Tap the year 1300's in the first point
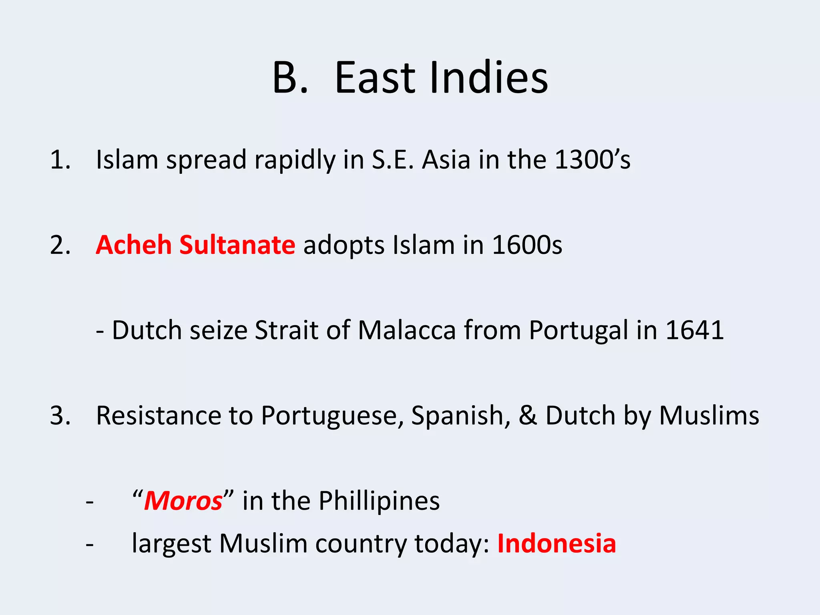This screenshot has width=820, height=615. point(593,160)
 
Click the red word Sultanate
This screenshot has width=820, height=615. point(237,245)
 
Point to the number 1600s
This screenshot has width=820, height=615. point(527,245)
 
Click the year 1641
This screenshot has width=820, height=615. point(694,330)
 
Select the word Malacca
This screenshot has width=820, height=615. point(406,330)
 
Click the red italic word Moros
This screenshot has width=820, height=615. point(183,501)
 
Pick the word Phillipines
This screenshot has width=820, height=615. point(379,501)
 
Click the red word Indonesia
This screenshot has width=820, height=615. point(556,544)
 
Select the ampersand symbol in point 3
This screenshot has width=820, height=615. point(528,416)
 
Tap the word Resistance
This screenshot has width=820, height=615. point(158,416)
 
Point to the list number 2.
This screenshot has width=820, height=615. point(60,245)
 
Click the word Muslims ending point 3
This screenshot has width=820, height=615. point(709,416)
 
